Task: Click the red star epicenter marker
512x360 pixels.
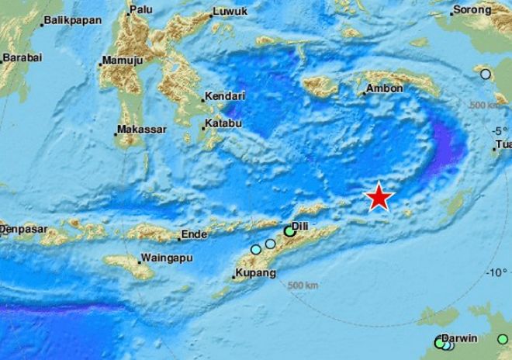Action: tap(379, 197)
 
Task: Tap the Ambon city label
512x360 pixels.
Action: tap(384, 88)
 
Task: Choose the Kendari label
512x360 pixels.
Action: tap(224, 97)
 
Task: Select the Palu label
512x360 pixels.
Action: tap(141, 9)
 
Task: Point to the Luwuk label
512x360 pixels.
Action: tap(230, 12)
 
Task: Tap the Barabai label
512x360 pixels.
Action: tap(21, 58)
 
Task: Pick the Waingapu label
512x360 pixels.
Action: tap(163, 258)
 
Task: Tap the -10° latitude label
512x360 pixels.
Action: tap(496, 272)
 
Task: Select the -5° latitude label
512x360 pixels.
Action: tap(500, 130)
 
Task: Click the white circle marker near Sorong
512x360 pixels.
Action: tap(486, 74)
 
